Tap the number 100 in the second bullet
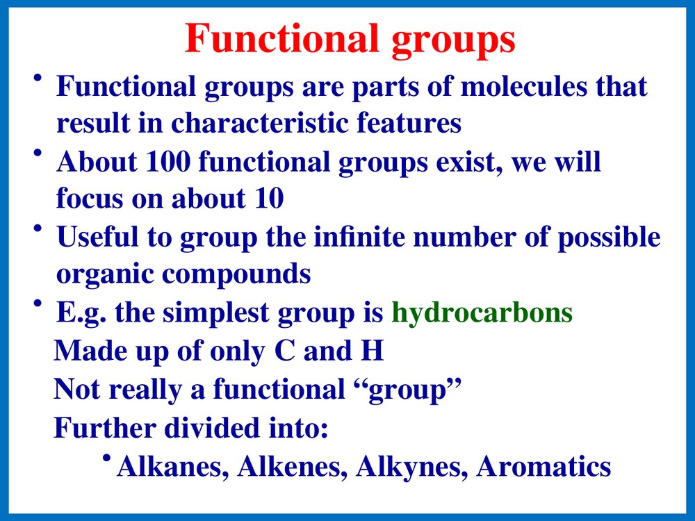coord(168,161)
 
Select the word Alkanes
coord(172,467)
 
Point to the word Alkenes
coord(292,467)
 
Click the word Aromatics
coord(543,467)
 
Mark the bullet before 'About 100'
coord(38,154)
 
